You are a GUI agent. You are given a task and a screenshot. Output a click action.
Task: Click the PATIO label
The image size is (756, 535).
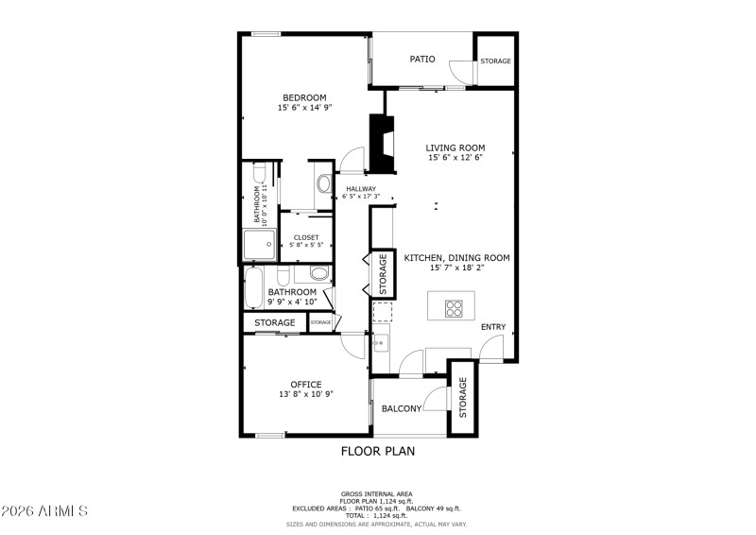422,60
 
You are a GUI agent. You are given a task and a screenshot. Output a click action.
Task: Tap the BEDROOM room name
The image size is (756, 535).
304,97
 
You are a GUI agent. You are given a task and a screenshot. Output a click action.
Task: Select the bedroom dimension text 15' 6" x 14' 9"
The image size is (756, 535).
304,109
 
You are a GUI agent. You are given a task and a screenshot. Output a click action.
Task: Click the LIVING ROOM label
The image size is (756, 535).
455,147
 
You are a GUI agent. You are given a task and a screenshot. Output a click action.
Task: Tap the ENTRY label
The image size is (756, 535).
493,327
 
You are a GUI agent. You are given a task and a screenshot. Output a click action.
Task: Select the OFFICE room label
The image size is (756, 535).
305,384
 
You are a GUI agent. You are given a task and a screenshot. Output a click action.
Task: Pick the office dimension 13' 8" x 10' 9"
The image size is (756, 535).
305,394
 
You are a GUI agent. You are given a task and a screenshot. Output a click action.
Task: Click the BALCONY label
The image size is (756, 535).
402,408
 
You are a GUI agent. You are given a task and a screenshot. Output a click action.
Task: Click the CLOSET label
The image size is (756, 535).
306,237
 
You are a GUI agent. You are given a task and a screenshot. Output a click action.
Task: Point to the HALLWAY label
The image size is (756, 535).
361,189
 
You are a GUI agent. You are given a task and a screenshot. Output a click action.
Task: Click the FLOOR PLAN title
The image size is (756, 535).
377,451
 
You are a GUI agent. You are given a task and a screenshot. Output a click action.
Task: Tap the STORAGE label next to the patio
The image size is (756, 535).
495,61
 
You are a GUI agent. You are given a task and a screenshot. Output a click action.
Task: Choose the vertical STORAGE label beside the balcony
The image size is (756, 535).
462,397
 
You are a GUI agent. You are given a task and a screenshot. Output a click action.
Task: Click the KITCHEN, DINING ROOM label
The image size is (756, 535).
457,257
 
